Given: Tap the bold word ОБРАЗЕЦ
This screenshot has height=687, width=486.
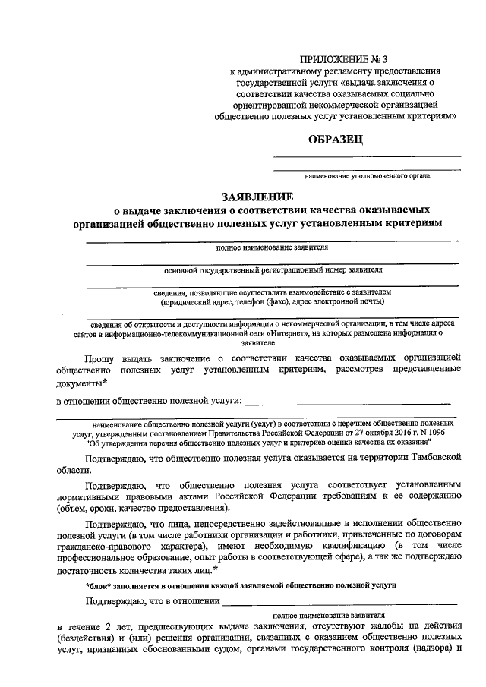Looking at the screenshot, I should (x=336, y=138).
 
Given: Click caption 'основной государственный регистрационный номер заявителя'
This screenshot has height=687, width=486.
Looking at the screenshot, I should (x=274, y=269).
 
